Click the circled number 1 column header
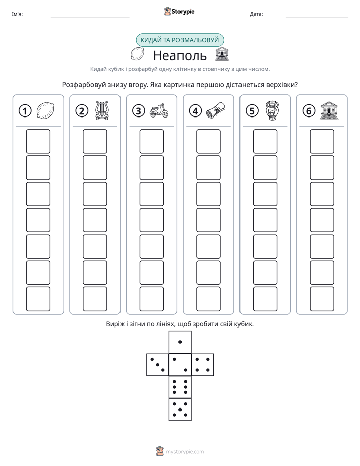[x=25, y=111]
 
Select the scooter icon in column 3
[x=159, y=110]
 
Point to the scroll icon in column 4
[x=216, y=110]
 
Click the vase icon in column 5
[x=272, y=110]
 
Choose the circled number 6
[x=309, y=111]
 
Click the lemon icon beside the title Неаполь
[x=138, y=54]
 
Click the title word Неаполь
[x=179, y=55]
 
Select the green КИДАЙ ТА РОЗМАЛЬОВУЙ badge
[x=180, y=40]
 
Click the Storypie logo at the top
[x=179, y=11]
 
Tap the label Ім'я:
[x=17, y=14]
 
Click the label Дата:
[x=256, y=14]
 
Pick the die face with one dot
[x=180, y=342]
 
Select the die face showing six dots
[x=180, y=387]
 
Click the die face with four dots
[x=203, y=365]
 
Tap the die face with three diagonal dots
[x=158, y=365]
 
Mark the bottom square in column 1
[x=38, y=299]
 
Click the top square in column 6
[x=322, y=141]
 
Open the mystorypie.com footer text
[x=185, y=452]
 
